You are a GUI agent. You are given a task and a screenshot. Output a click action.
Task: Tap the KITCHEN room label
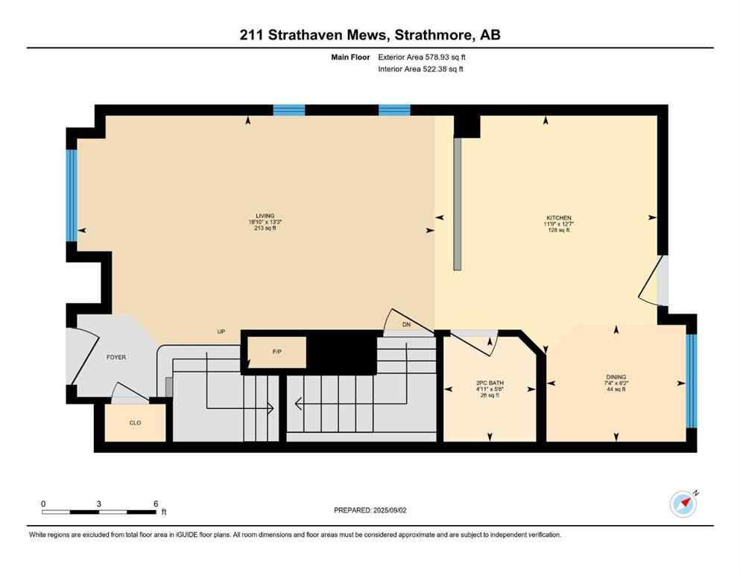click(x=558, y=218)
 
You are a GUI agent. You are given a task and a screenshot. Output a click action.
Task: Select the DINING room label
click(x=616, y=378)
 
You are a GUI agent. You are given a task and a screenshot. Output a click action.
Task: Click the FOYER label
click(x=116, y=357)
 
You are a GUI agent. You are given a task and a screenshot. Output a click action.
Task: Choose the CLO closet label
click(x=135, y=423)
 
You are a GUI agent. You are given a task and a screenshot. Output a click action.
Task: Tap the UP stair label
click(x=221, y=332)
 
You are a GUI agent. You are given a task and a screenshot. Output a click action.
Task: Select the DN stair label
click(x=406, y=325)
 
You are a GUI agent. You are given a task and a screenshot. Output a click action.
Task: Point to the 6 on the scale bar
click(x=155, y=503)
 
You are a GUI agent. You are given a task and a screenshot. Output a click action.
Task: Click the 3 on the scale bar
click(x=99, y=503)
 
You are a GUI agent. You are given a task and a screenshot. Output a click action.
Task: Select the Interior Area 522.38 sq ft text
click(x=421, y=69)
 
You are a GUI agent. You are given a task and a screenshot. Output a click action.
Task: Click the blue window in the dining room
click(x=690, y=381)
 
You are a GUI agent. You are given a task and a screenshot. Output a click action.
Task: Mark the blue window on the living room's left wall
click(x=72, y=196)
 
